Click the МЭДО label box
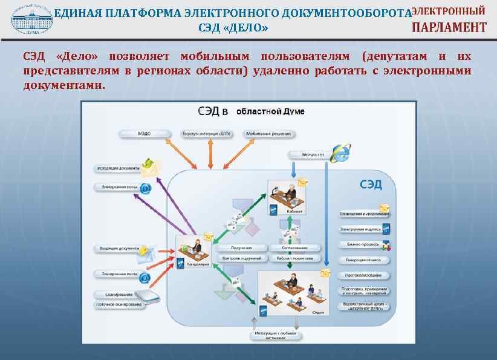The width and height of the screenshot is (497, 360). point(143,133)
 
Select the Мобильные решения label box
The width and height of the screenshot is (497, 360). point(268,133)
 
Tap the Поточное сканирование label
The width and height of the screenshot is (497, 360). point(119,304)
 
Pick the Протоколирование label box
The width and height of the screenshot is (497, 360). point(363,275)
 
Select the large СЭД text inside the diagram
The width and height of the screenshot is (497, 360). point(371,184)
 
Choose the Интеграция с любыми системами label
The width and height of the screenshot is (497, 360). point(274,336)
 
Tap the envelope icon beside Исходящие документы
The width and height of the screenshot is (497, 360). point(148,165)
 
